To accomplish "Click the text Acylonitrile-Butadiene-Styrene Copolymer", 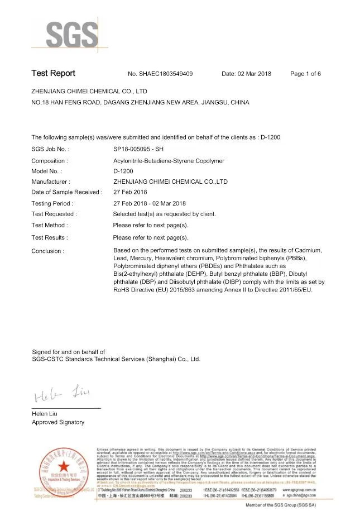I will [169, 161].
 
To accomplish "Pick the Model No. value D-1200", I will [123, 171].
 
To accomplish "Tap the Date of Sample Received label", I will [67, 192].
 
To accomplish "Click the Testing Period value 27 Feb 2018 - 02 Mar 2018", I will [150, 204].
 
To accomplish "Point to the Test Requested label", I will [54, 214].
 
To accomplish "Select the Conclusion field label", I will [47, 251].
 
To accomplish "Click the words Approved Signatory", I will [58, 422].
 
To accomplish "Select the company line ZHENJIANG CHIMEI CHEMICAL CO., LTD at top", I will [89, 90].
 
